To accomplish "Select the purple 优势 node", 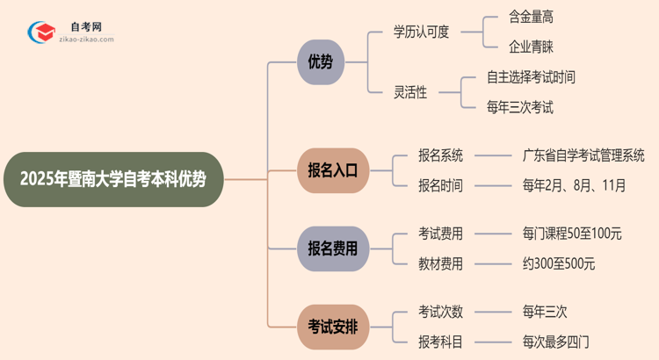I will tap(321, 62).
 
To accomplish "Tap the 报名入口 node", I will tap(333, 169).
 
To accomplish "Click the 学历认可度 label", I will tap(421, 32).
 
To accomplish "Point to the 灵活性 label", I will tap(410, 92).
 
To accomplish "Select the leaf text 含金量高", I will tap(531, 17).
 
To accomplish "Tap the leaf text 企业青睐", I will tap(531, 47).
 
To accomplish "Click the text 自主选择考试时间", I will tap(531, 77).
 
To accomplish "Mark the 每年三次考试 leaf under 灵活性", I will tap(520, 108).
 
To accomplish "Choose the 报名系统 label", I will tap(440, 155).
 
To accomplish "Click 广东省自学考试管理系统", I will tap(583, 155).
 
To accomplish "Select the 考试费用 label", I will tap(440, 234).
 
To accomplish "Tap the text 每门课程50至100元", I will tap(572, 234).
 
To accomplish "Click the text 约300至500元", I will tap(558, 263).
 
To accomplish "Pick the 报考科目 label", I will tap(440, 341).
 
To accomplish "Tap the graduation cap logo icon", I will tap(39, 34).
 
